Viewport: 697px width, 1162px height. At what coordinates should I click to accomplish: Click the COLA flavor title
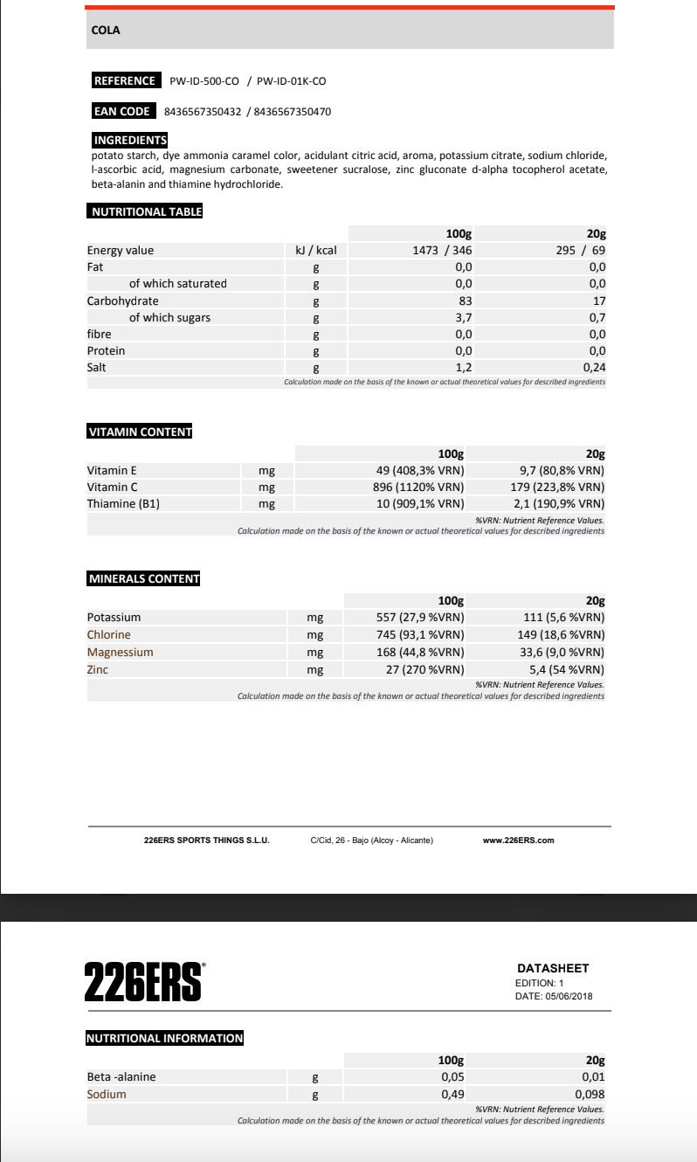pyautogui.click(x=106, y=31)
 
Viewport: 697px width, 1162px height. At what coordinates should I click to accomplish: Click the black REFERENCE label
pyautogui.click(x=125, y=81)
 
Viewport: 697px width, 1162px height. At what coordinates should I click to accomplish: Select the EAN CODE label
pyautogui.click(x=122, y=112)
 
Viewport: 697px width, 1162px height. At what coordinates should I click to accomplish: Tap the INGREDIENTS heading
pyautogui.click(x=130, y=141)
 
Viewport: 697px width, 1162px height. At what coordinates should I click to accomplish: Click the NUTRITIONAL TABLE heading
pyautogui.click(x=145, y=211)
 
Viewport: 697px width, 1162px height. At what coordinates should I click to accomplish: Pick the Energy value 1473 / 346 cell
pyautogui.click(x=442, y=251)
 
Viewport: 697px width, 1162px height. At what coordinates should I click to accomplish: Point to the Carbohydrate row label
pyautogui.click(x=122, y=301)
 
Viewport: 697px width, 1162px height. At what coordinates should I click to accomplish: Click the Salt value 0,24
pyautogui.click(x=594, y=368)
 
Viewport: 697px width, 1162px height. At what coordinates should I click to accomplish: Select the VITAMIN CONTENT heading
pyautogui.click(x=140, y=432)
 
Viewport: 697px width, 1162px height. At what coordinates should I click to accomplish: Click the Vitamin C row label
pyautogui.click(x=113, y=488)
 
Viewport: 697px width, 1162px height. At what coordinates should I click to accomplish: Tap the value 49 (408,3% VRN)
pyautogui.click(x=419, y=471)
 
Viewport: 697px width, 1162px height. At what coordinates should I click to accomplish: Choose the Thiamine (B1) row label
pyautogui.click(x=123, y=504)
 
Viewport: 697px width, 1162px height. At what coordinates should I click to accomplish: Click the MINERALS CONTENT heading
pyautogui.click(x=144, y=579)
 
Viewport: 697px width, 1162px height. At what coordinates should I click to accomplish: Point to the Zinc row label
pyautogui.click(x=98, y=670)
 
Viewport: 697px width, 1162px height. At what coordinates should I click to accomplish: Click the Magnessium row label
pyautogui.click(x=120, y=653)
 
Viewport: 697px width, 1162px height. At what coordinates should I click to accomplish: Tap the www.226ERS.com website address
pyautogui.click(x=518, y=840)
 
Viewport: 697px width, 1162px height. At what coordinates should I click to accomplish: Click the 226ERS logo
pyautogui.click(x=144, y=981)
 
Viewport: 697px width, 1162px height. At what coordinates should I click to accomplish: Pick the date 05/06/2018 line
pyautogui.click(x=554, y=996)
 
